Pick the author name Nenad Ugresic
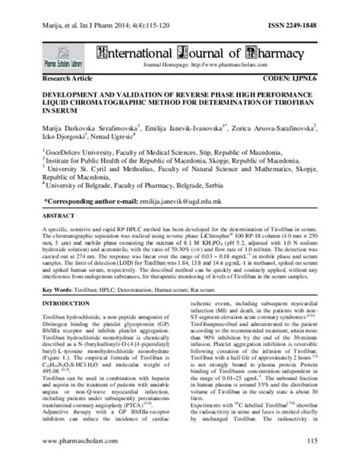point(113,140)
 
